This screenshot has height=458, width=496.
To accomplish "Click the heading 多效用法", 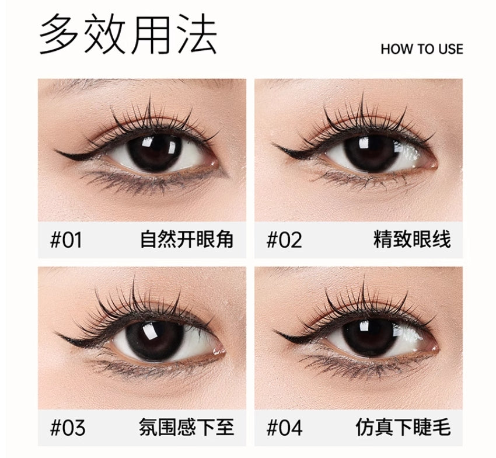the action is pos(128,34).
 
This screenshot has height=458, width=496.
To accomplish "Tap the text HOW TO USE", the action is pos(422,49).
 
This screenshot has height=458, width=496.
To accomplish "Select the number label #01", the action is pos(66,240).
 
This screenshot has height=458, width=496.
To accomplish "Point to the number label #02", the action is pos(284,240).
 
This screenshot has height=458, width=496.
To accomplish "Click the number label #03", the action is pos(67,428).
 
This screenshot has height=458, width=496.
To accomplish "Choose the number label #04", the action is pos(284,428).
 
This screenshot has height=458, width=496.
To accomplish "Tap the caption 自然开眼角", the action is pos(187,240).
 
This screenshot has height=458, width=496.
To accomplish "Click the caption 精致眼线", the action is pos(412,240).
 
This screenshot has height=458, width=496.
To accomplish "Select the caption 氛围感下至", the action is pos(187,427).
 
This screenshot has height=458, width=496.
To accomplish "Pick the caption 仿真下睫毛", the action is pos(403,427).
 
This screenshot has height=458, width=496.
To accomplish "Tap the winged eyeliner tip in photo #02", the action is pos(272,145).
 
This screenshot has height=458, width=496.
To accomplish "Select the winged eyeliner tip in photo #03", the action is pos(54,333).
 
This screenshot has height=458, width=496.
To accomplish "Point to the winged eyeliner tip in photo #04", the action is pos(272,331).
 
